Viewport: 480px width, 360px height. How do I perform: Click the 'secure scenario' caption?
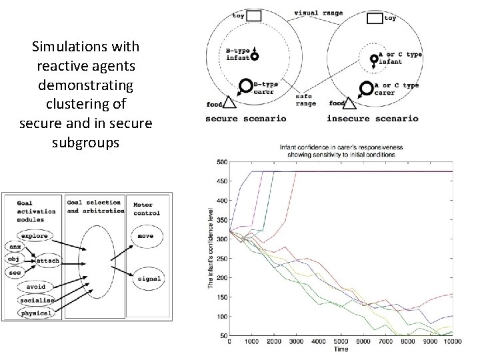(246, 119)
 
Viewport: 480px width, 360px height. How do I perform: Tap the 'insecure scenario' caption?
(373, 119)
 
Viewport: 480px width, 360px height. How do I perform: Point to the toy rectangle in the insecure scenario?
(375, 19)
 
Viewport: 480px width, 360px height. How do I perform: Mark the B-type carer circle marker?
(245, 87)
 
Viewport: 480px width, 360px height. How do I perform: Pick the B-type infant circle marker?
(254, 59)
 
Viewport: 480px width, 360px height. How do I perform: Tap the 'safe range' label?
(307, 99)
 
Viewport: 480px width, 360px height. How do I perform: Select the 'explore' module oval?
(35, 236)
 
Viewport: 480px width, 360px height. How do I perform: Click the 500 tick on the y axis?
(222, 161)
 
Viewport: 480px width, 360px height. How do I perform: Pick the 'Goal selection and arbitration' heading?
(95, 206)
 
